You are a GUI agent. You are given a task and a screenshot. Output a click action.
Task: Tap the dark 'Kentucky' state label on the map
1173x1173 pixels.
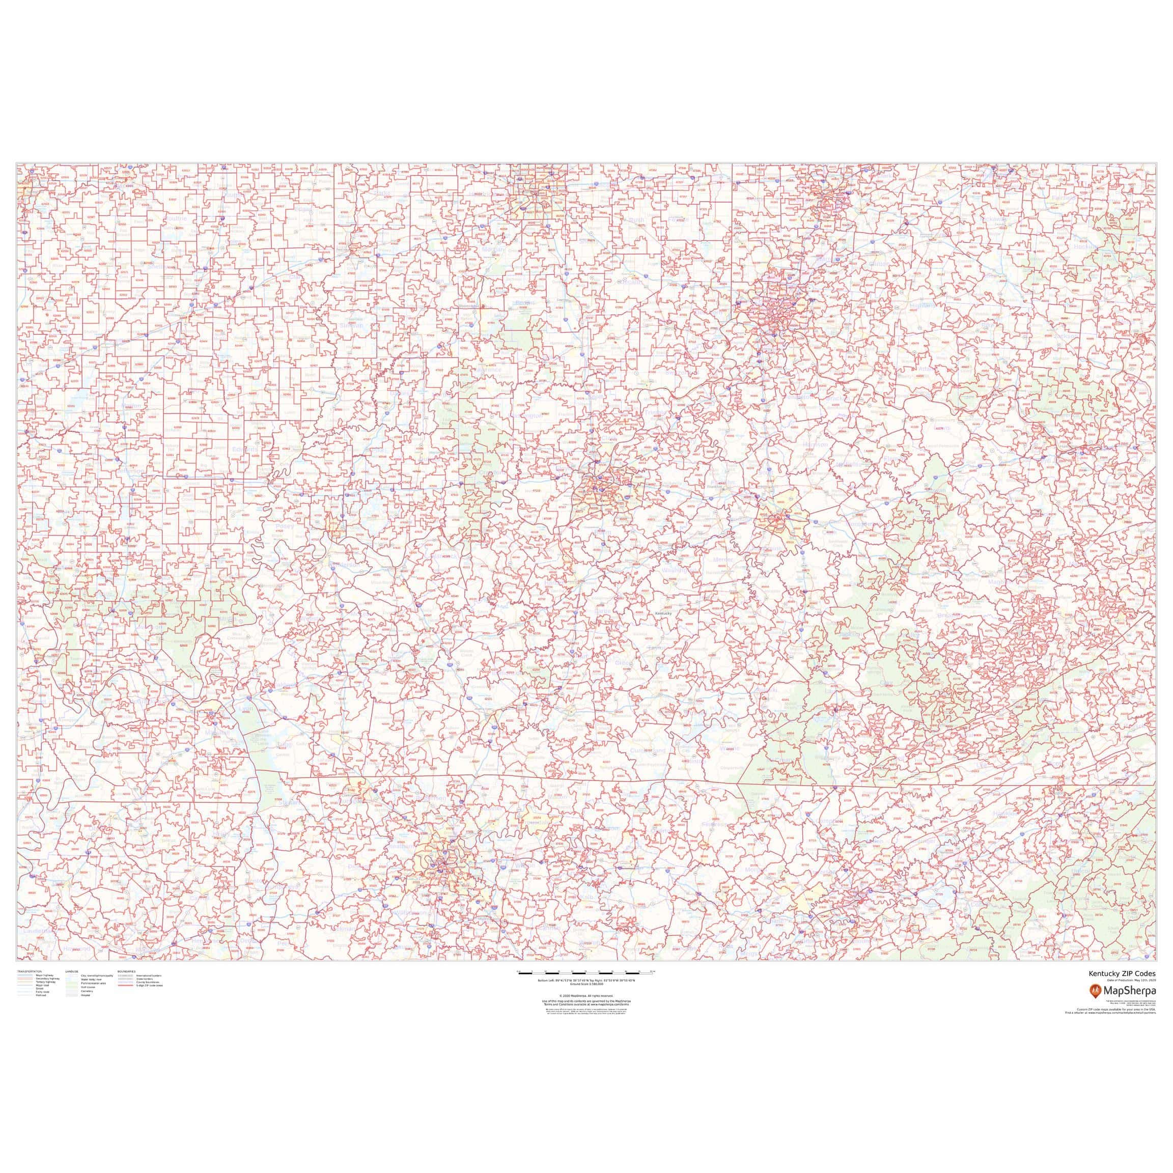click(663, 614)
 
